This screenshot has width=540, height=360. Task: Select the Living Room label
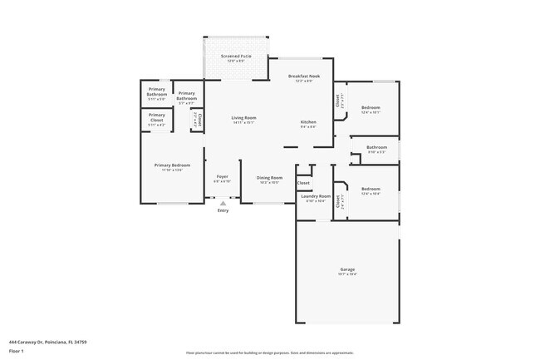point(243,118)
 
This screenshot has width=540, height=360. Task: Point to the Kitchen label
point(308,122)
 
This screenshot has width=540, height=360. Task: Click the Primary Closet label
point(157,115)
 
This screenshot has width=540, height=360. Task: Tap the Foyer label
point(223,176)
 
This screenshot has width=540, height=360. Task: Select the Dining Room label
point(269,177)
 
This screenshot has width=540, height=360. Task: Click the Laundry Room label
point(317,197)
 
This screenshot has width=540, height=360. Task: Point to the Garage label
point(347,269)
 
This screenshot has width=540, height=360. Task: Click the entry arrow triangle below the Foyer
point(223,203)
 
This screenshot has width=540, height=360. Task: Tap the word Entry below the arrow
point(223,210)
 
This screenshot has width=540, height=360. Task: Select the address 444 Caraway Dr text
point(47,341)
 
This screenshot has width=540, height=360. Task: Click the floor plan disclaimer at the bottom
point(269,353)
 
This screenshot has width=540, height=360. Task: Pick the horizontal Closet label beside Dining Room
point(303,182)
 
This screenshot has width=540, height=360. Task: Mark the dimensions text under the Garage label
point(347,274)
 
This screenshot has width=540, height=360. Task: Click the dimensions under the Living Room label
point(243,123)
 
